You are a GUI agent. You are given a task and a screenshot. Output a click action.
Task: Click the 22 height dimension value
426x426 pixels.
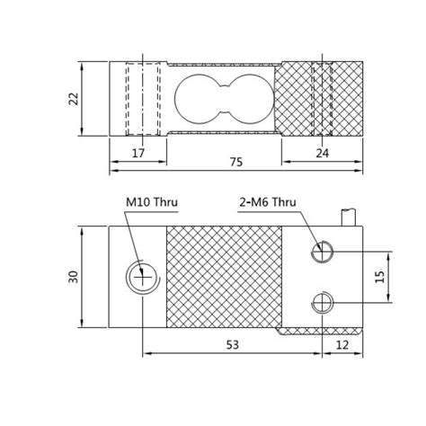73,99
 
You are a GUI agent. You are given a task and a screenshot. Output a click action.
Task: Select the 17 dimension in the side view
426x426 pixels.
138,154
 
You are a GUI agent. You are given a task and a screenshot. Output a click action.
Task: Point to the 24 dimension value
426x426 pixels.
323,154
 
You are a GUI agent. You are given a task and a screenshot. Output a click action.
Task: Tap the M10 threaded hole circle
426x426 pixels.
140,277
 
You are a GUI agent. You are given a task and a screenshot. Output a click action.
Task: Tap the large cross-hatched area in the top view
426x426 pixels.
225,277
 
